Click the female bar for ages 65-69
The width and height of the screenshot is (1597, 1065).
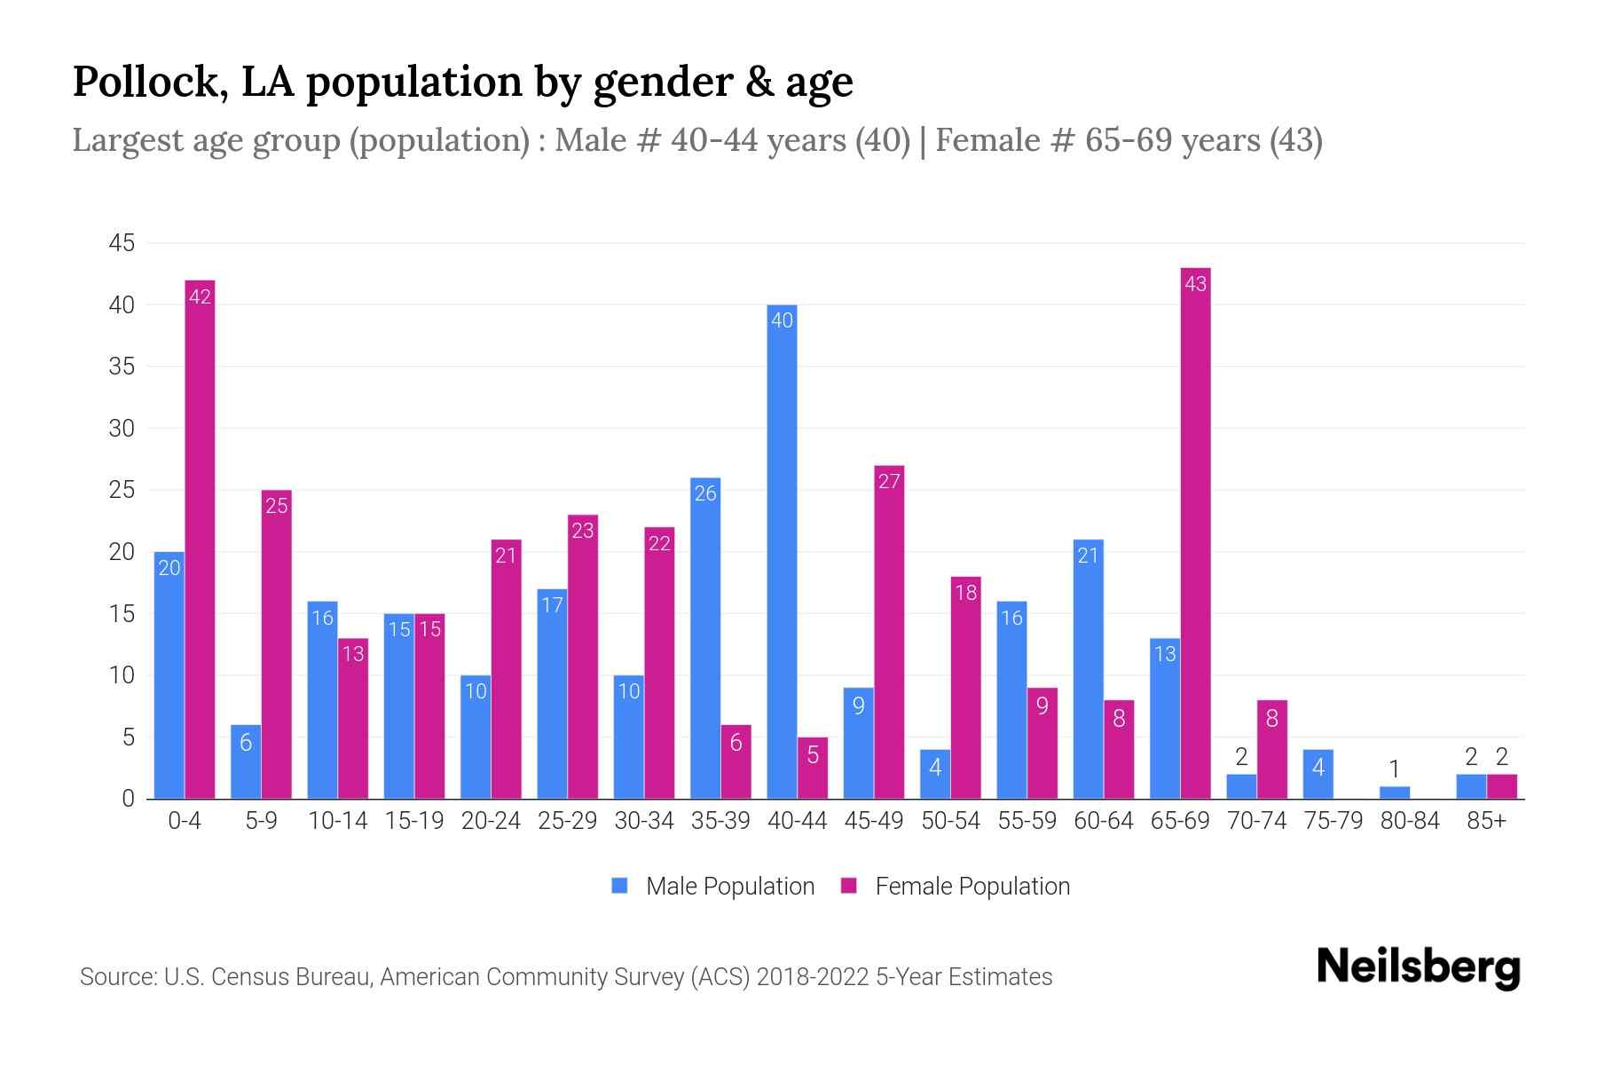[x=1195, y=532]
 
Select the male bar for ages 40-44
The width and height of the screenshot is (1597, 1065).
[x=782, y=551]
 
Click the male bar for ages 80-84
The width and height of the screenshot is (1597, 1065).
[x=1395, y=792]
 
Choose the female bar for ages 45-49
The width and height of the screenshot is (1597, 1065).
[x=889, y=631]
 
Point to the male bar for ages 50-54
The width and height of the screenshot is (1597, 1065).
[x=935, y=774]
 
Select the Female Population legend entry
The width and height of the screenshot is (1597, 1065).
[x=955, y=886]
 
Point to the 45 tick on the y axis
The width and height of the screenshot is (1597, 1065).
[x=122, y=243]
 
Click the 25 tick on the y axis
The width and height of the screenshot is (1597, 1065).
[x=122, y=490]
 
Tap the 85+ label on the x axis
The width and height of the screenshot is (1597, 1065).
[x=1486, y=821]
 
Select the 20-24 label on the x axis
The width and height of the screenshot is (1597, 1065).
[x=491, y=821]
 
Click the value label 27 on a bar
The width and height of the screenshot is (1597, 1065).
[x=889, y=481]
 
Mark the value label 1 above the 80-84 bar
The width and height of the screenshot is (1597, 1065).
[x=1395, y=769]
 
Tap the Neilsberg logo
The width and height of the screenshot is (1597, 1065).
[x=1418, y=967]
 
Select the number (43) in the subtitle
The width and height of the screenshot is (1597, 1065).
[x=1295, y=140]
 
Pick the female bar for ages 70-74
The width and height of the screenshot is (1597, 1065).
[x=1271, y=749]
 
